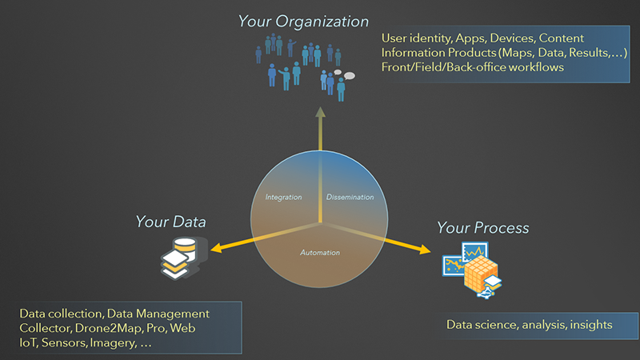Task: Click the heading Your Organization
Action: click(x=303, y=21)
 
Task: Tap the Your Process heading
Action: click(x=482, y=228)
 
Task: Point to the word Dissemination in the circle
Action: click(x=350, y=196)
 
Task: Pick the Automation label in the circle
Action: click(x=320, y=253)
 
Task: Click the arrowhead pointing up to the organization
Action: click(x=320, y=113)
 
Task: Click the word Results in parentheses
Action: click(x=581, y=53)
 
